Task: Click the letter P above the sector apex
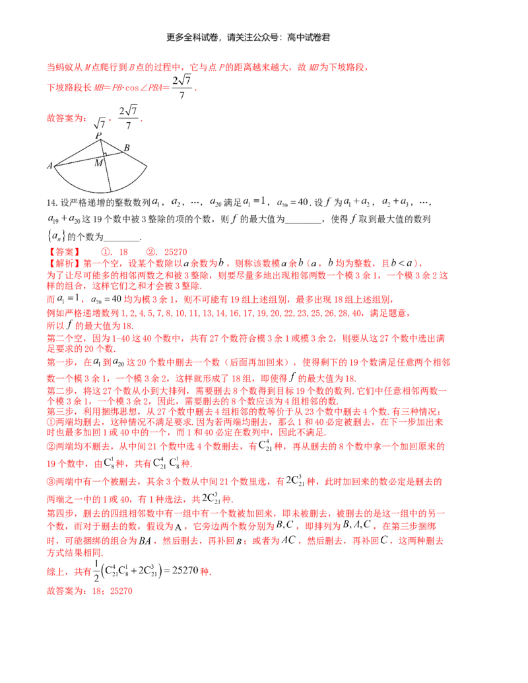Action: pyautogui.click(x=98, y=135)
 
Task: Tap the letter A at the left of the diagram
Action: pyautogui.click(x=49, y=166)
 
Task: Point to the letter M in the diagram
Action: pyautogui.click(x=98, y=163)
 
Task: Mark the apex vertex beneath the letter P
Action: pyautogui.click(x=100, y=140)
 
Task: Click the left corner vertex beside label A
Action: pyautogui.click(x=55, y=166)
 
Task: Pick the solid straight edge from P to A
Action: pyautogui.click(x=77, y=152)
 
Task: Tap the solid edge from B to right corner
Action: pyautogui.click(x=134, y=158)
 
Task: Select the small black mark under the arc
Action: pyautogui.click(x=100, y=193)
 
